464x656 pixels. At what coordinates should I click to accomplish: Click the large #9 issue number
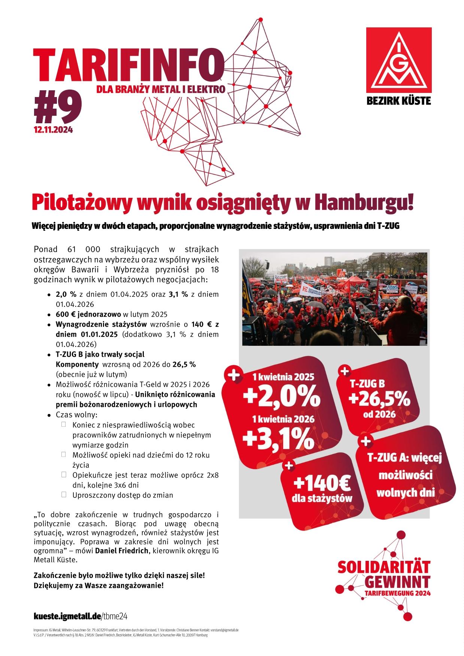[57, 108]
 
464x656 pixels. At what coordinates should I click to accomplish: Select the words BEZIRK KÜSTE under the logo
[399, 101]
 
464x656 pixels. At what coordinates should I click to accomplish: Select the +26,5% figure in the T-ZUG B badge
[379, 400]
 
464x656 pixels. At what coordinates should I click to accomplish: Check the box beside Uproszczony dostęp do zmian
[64, 495]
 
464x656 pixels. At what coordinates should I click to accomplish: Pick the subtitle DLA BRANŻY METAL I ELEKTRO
[161, 90]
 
